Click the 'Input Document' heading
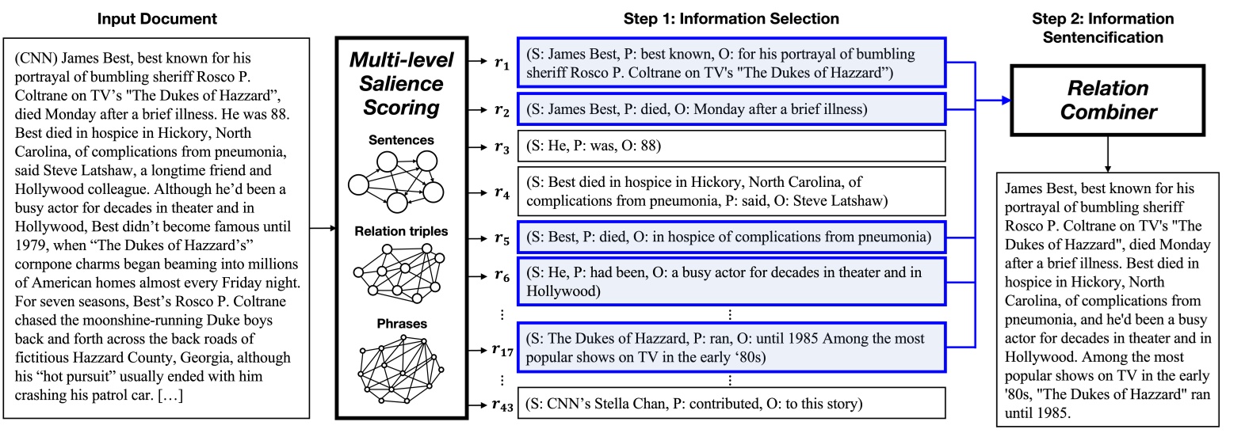pyautogui.click(x=157, y=18)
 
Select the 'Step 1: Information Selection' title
pyautogui.click(x=731, y=18)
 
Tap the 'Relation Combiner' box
pyautogui.click(x=1107, y=100)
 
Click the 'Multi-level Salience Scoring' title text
pyautogui.click(x=401, y=84)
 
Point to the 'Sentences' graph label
pyautogui.click(x=401, y=140)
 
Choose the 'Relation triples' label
pyautogui.click(x=401, y=231)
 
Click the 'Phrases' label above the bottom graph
pyautogui.click(x=401, y=324)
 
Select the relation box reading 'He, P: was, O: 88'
pyautogui.click(x=731, y=146)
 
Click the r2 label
pyautogui.click(x=502, y=110)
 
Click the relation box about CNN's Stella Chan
pyautogui.click(x=731, y=404)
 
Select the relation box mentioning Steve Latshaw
pyautogui.click(x=731, y=192)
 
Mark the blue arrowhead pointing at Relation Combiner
pyautogui.click(x=1006, y=100)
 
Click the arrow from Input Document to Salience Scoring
pyautogui.click(x=323, y=228)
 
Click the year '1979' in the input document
pyautogui.click(x=30, y=245)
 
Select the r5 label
pyautogui.click(x=502, y=237)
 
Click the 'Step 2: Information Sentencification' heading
pyautogui.click(x=1102, y=28)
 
